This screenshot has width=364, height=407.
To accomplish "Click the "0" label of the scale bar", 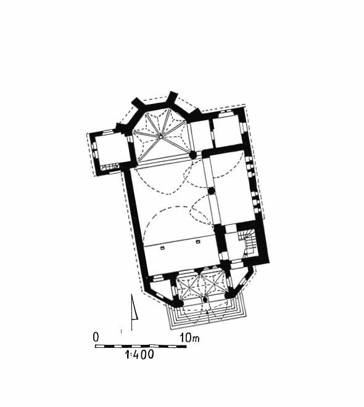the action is click(96, 337).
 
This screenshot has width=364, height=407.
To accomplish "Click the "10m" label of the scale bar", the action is click(189, 337).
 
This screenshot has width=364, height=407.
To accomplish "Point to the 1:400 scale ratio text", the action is click(139, 354).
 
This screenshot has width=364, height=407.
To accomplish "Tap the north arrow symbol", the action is click(134, 312).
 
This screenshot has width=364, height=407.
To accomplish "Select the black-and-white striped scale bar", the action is click(141, 346).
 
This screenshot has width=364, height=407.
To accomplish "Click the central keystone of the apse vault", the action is click(160, 136).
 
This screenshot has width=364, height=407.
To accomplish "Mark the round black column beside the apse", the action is click(192, 155).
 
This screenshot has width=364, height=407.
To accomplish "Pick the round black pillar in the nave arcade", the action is click(212, 191).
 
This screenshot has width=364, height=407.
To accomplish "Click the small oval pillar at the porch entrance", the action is click(205, 300).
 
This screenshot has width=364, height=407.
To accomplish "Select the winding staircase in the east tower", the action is click(247, 243).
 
